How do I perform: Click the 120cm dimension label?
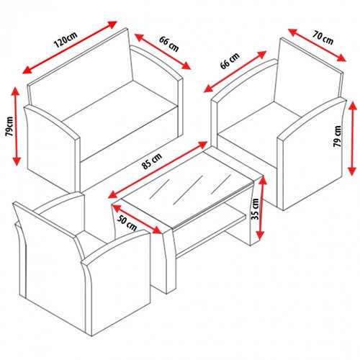[66, 40]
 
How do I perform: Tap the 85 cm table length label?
[152, 161]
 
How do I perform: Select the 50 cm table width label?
[127, 223]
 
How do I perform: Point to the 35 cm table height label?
[255, 209]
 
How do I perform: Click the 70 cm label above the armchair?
[323, 37]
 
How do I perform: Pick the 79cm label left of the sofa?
[10, 126]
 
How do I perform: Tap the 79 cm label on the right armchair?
[337, 136]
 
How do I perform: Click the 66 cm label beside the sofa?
[169, 44]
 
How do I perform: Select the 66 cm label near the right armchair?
[230, 60]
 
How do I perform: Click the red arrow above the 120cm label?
[70, 48]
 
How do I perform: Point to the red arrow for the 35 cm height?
[261, 208]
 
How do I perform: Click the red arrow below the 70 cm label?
[317, 45]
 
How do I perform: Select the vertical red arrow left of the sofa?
[16, 126]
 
